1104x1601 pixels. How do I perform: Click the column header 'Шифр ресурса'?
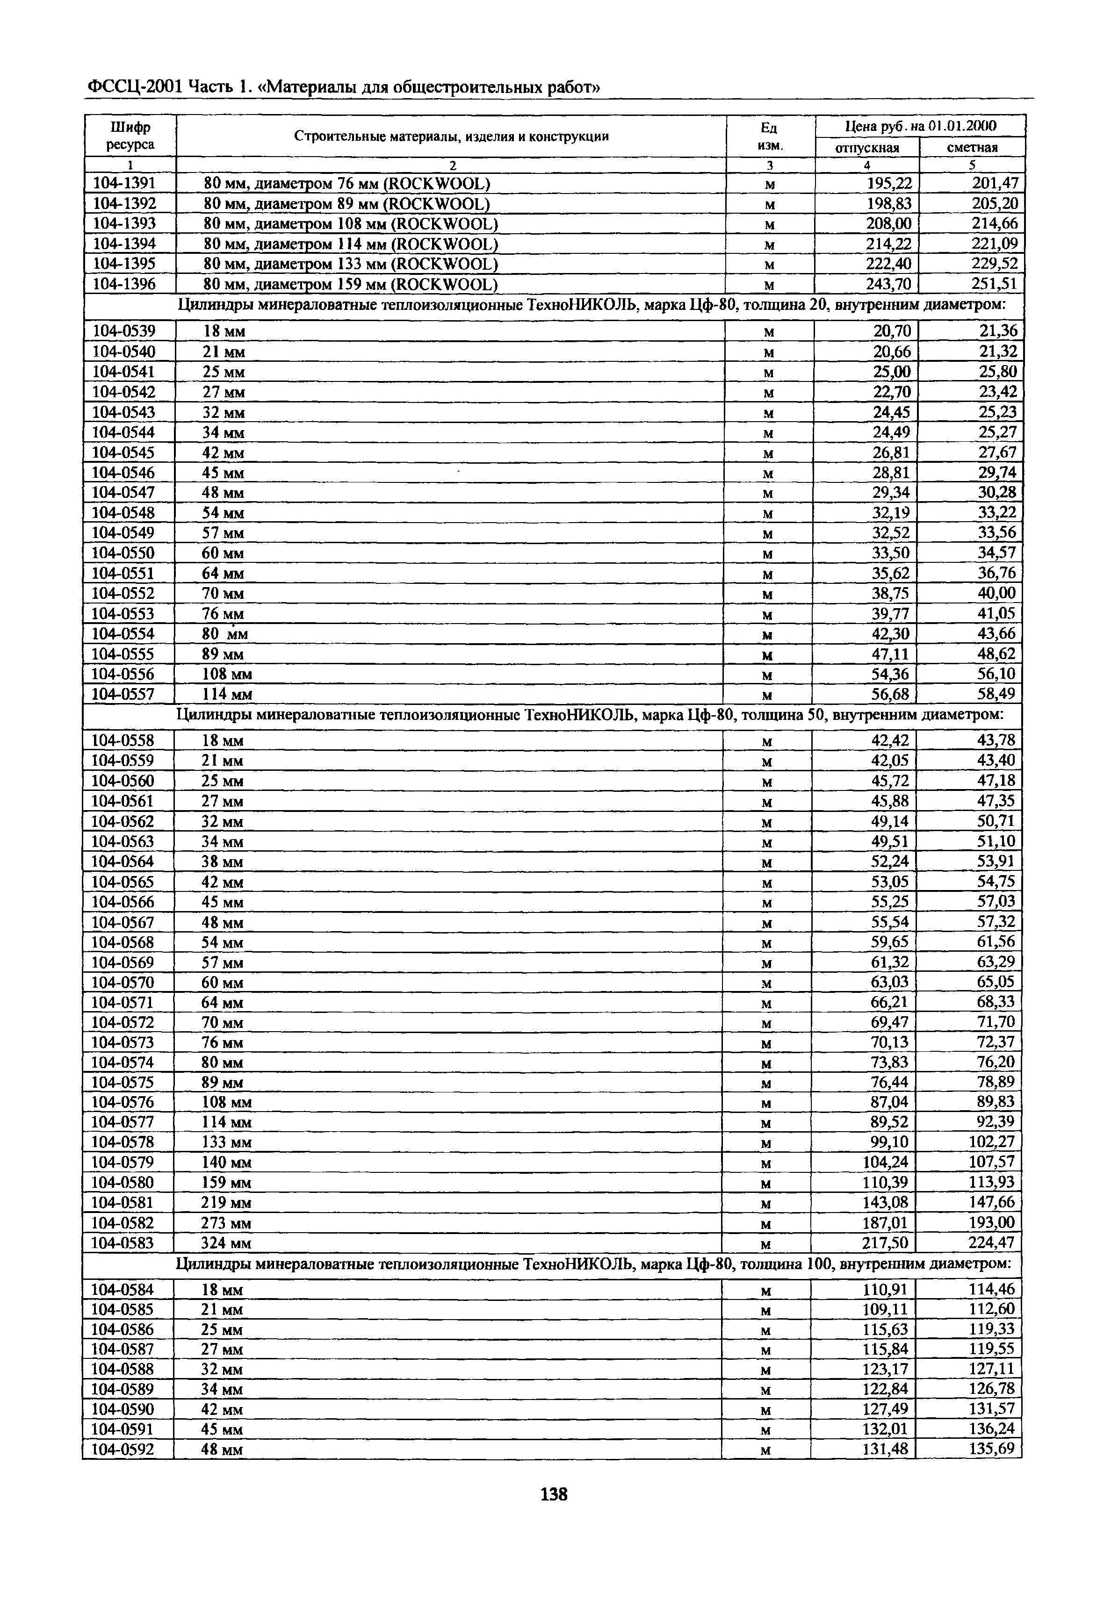click(130, 136)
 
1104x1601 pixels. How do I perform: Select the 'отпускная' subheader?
click(867, 147)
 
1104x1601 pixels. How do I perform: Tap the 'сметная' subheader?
click(972, 147)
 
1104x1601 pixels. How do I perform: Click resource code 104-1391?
click(124, 183)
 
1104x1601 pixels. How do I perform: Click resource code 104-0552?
click(124, 593)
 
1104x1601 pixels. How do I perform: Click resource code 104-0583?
click(123, 1243)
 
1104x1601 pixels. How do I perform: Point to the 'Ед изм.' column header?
click(769, 136)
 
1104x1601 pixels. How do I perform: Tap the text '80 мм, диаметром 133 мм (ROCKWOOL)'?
click(351, 264)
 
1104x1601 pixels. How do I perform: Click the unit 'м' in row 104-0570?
click(766, 983)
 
